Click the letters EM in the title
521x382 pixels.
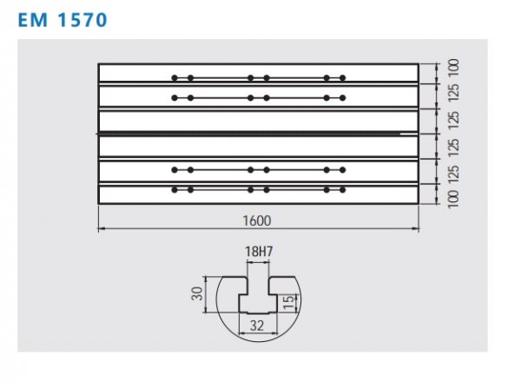33,20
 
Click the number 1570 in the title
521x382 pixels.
82,20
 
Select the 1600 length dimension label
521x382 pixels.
257,221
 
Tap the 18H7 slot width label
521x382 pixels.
259,252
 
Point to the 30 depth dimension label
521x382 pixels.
197,293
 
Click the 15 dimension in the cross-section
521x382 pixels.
289,301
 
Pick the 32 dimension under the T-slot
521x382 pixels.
257,326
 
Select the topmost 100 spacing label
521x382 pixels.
453,69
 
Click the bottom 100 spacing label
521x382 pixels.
453,199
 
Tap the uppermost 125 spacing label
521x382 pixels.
453,93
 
